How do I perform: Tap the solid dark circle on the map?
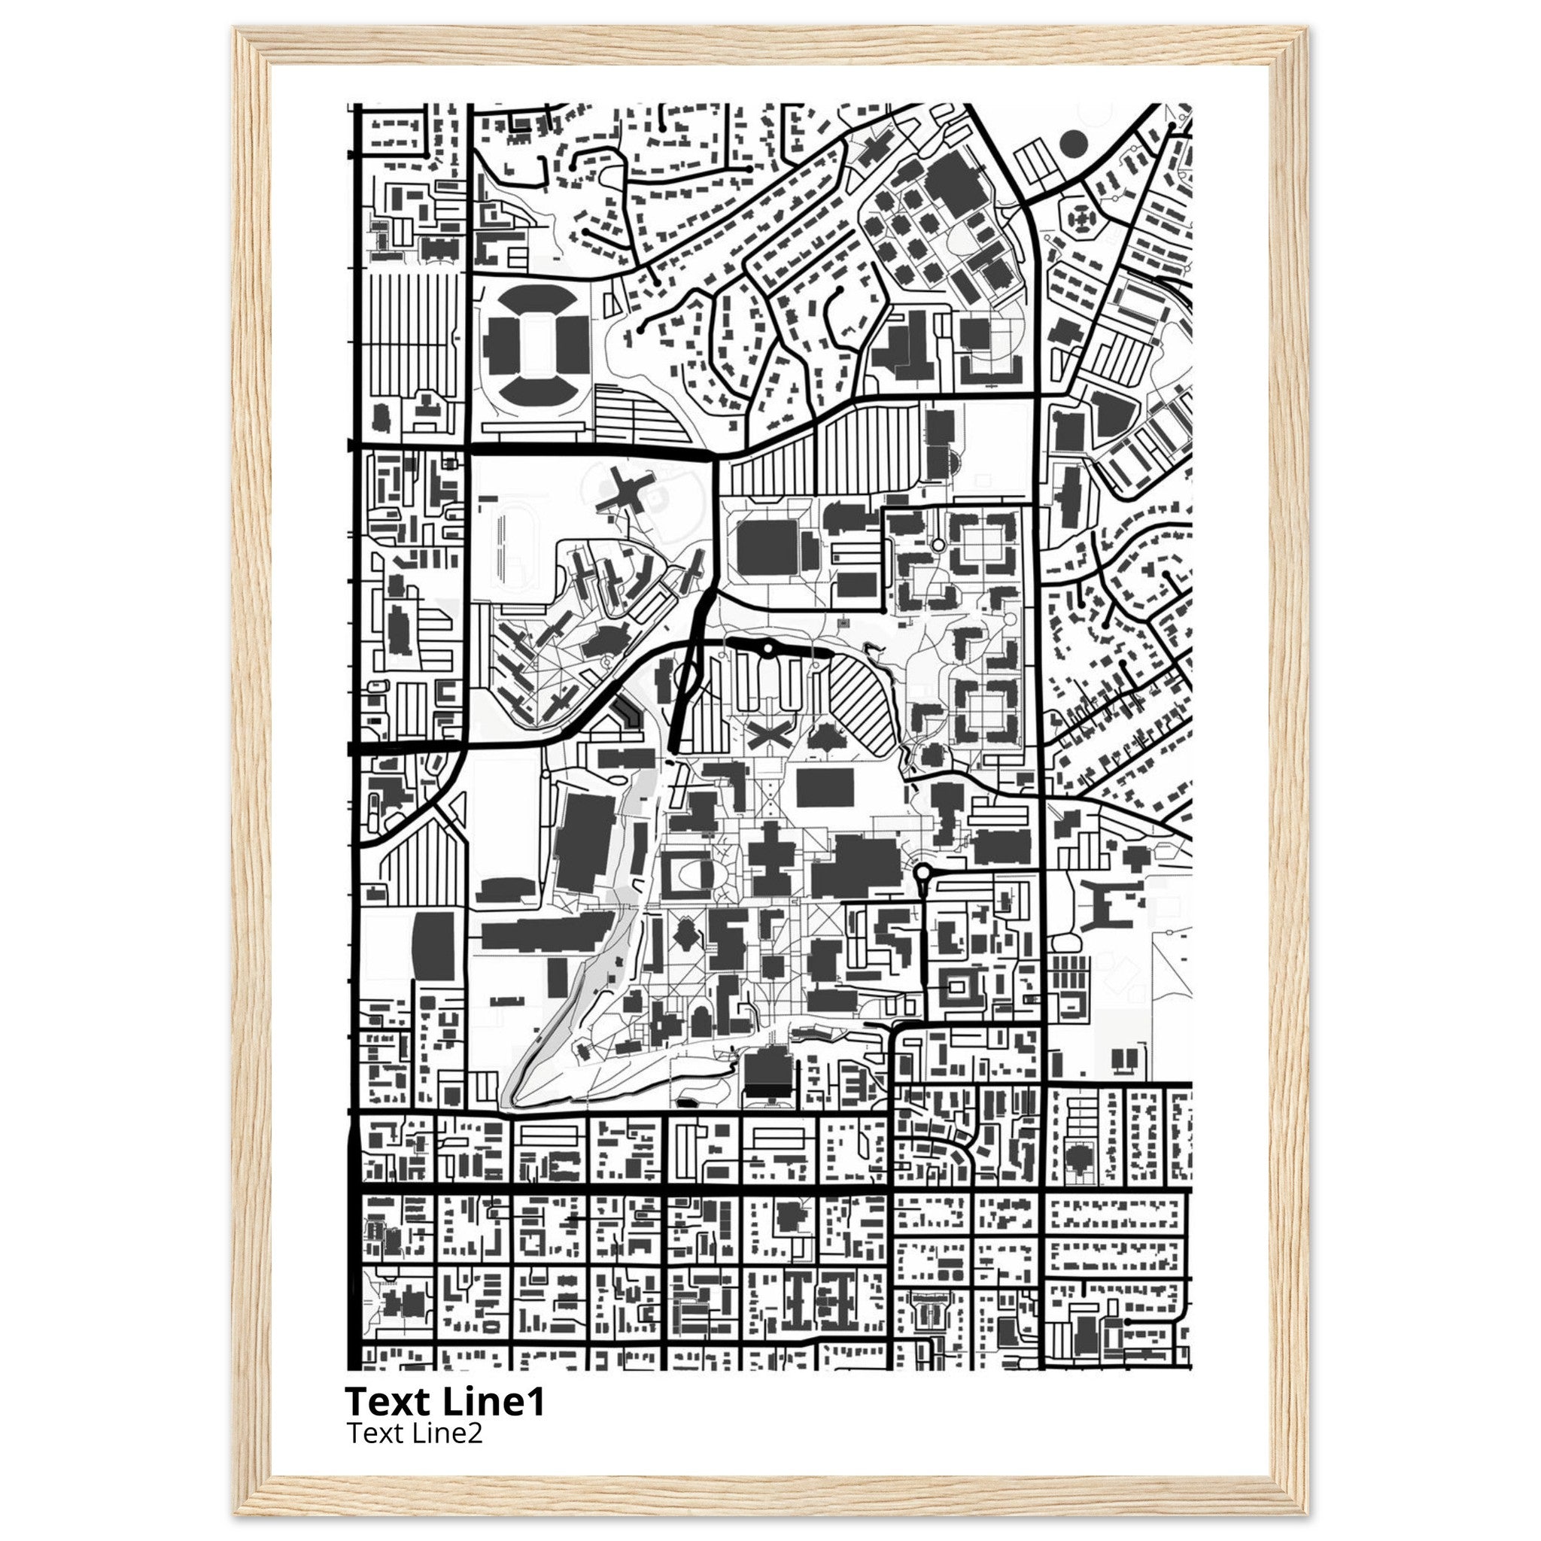[1074, 144]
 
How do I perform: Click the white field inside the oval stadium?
[532, 345]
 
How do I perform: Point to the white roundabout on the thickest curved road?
[767, 649]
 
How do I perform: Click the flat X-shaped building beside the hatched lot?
[769, 734]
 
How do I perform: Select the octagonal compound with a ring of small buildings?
[1081, 215]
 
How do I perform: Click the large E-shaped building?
[1111, 904]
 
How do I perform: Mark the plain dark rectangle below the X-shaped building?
[825, 787]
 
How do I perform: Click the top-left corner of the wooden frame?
[237, 30]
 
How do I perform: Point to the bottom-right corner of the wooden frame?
[1305, 1513]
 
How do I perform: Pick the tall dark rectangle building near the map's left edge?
[433, 947]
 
